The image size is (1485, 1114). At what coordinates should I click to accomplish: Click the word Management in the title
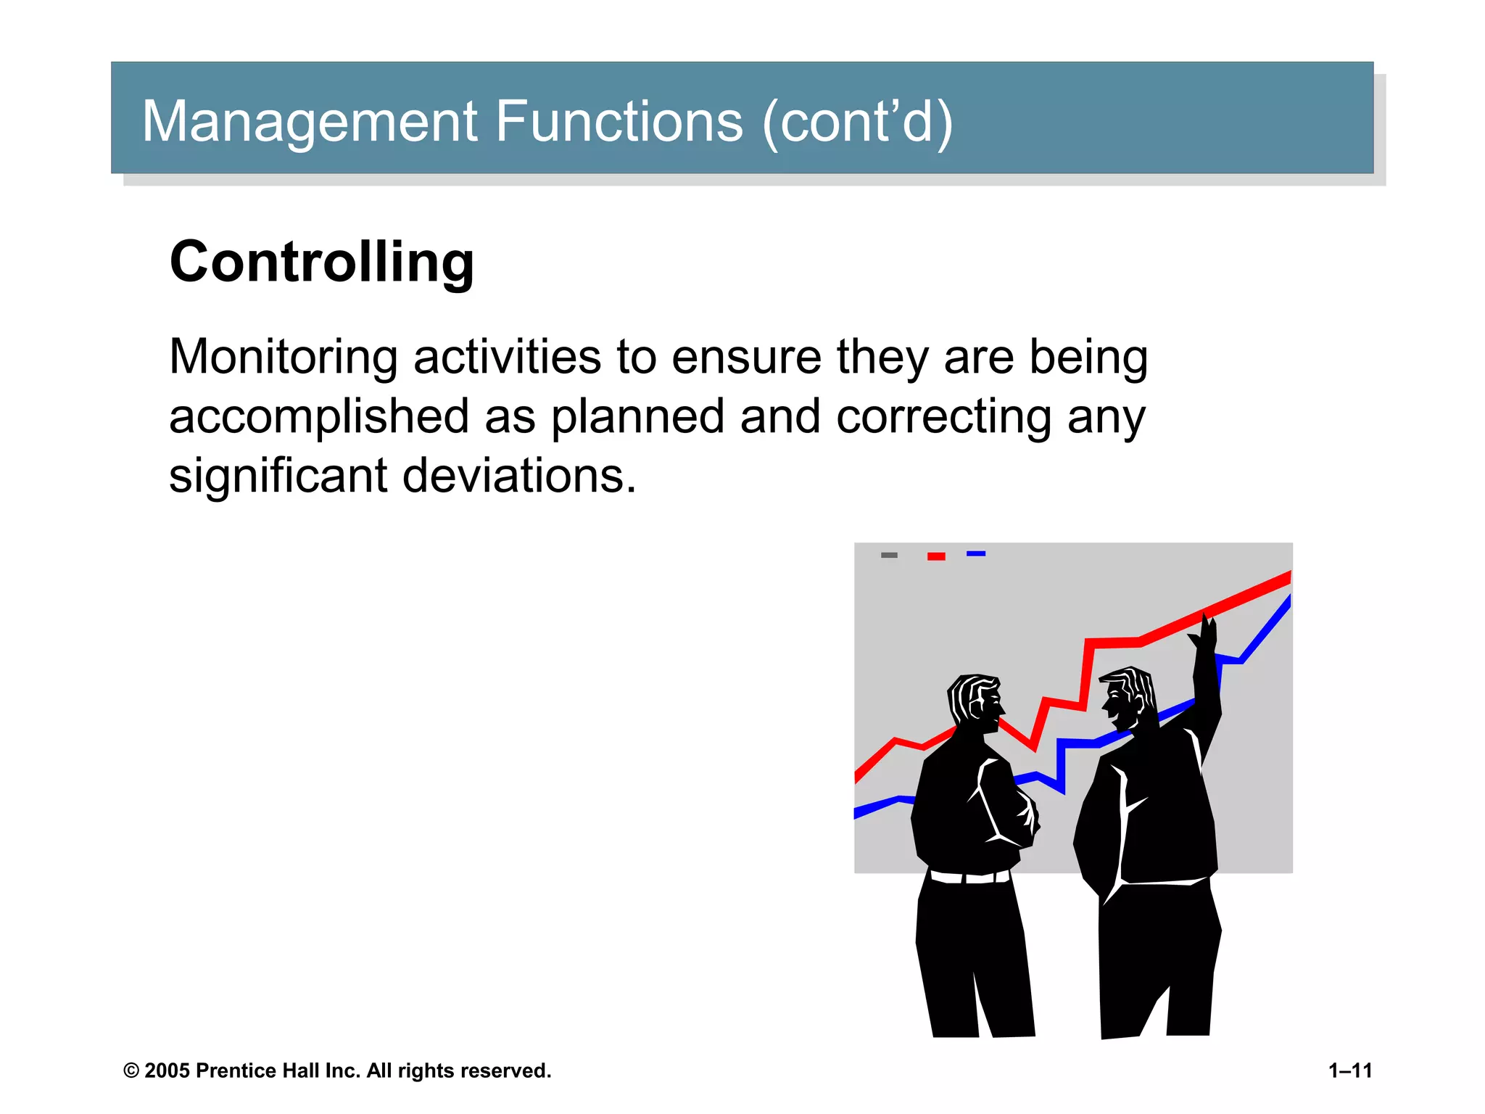tap(308, 122)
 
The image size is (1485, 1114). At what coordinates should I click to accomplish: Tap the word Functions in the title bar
tap(619, 122)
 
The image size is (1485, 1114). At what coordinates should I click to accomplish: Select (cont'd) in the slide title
tap(857, 122)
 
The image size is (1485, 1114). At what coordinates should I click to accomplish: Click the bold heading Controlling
tap(322, 263)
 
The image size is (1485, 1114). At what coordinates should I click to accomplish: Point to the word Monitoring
tap(283, 358)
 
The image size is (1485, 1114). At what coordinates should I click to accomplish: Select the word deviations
tap(518, 476)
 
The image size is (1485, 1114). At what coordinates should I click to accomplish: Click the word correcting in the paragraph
tap(943, 418)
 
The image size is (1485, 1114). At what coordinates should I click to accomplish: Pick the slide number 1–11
tap(1350, 1070)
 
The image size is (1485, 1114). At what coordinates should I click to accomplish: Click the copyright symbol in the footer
tap(131, 1071)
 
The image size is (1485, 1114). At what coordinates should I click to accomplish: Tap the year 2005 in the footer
tap(167, 1070)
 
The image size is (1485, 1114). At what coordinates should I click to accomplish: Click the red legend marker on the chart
tap(936, 556)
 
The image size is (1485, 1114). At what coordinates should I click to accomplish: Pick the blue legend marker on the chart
tap(976, 553)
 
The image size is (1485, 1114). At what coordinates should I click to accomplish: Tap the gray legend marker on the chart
tap(889, 555)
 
